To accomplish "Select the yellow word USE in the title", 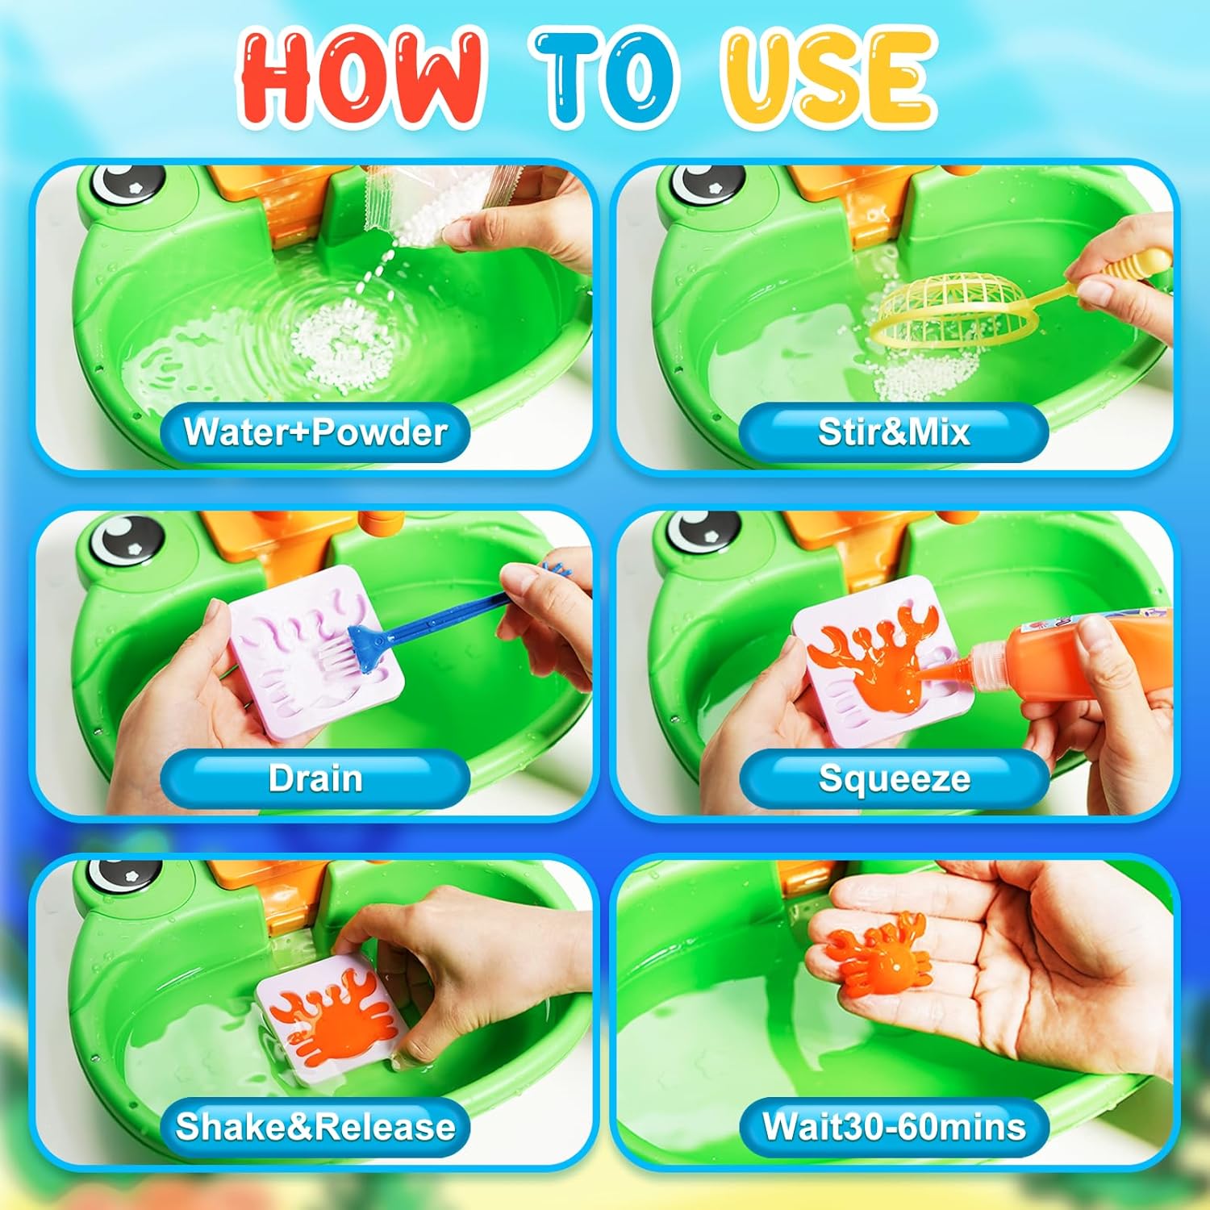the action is pos(828,79).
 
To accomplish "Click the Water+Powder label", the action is pos(315,432).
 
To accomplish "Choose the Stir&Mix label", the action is pos(894,432).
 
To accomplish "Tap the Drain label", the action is pos(315,778).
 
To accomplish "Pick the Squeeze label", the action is pos(895,779).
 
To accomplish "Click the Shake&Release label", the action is pos(315,1126).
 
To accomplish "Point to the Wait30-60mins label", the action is pos(895,1126).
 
